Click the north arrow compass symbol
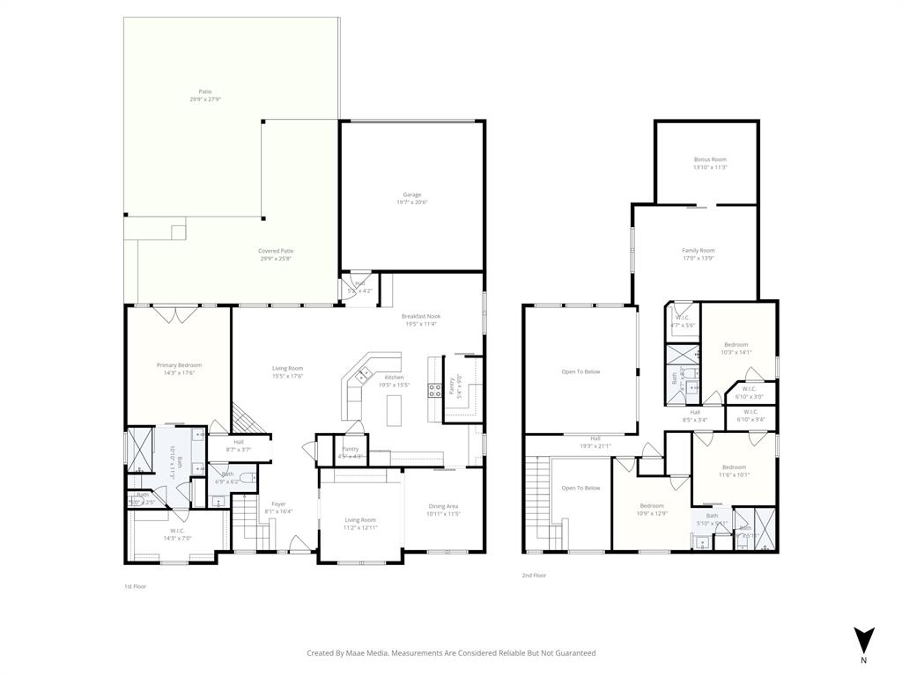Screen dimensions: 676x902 863,641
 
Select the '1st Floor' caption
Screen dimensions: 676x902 135,585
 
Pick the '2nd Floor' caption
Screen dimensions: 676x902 534,575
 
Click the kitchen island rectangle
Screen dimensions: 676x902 393,408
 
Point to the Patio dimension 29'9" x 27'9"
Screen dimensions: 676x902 204,99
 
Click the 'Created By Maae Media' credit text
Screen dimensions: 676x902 451,653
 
